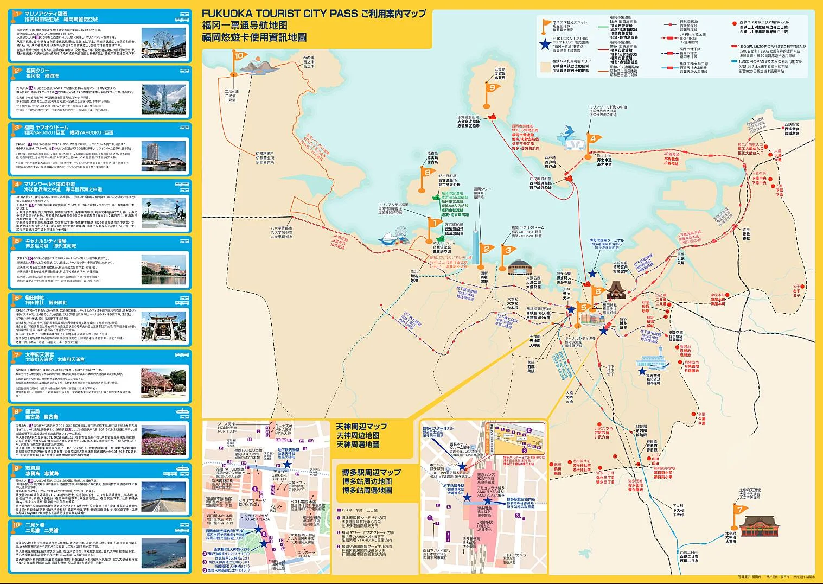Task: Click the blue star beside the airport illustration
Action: [642, 371]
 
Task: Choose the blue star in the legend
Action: [544, 45]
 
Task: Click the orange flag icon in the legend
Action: [545, 24]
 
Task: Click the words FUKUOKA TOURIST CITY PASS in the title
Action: [279, 14]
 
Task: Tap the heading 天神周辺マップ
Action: [361, 426]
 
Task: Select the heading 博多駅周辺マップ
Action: [371, 472]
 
